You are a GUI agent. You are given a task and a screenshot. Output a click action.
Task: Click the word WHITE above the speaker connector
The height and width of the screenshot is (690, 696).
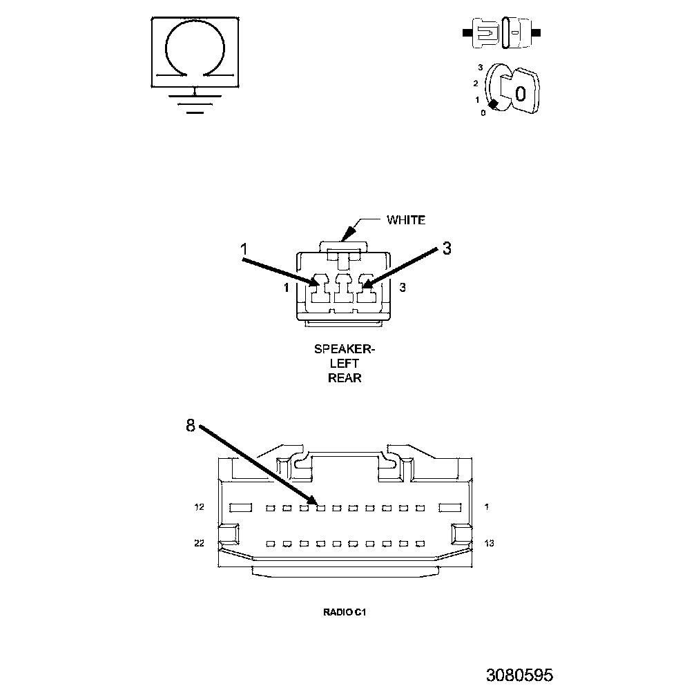[405, 220]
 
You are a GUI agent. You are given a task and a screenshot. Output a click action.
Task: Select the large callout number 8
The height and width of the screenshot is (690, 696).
[191, 426]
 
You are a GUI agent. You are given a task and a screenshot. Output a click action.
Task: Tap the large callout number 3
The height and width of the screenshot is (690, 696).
[447, 248]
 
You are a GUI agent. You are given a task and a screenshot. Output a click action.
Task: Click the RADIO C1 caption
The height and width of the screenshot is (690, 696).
[343, 611]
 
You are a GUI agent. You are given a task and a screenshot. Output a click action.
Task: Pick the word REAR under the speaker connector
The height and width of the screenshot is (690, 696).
[345, 377]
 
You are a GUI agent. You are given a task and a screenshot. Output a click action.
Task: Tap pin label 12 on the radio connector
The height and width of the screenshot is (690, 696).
[200, 508]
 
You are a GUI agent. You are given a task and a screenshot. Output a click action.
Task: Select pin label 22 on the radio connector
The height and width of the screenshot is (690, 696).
[200, 544]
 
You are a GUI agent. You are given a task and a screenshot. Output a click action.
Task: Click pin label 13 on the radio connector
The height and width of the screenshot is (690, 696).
[490, 544]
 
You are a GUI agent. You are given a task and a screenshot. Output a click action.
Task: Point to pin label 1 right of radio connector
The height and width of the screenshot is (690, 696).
[487, 508]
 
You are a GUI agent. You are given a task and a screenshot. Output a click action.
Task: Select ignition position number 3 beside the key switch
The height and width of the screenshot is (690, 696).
[480, 68]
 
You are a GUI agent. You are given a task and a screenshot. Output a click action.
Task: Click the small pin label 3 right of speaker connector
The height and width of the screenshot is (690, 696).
[403, 288]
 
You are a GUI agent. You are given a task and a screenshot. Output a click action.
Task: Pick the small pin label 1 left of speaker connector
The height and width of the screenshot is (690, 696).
[286, 288]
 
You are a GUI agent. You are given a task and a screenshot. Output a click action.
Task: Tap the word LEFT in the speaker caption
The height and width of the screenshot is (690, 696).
[345, 364]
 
